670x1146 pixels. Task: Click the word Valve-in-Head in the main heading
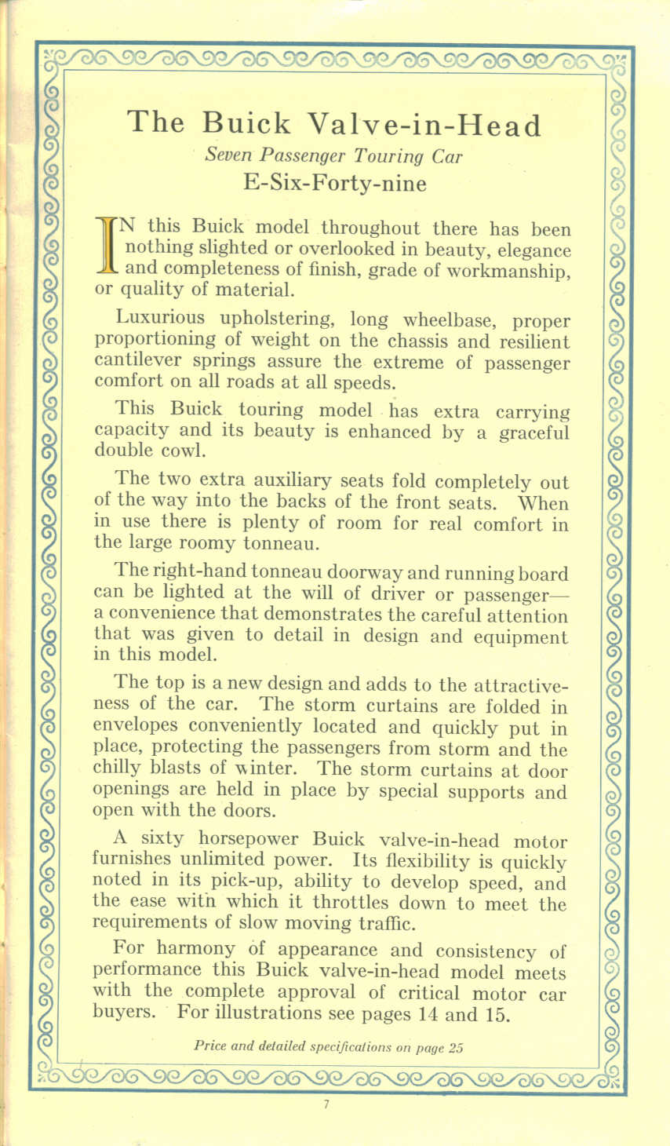click(x=424, y=124)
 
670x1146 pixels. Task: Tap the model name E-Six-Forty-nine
click(x=335, y=183)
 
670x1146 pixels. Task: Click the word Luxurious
click(x=159, y=318)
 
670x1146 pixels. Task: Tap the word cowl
click(x=186, y=451)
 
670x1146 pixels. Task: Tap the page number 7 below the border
click(x=324, y=1106)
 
